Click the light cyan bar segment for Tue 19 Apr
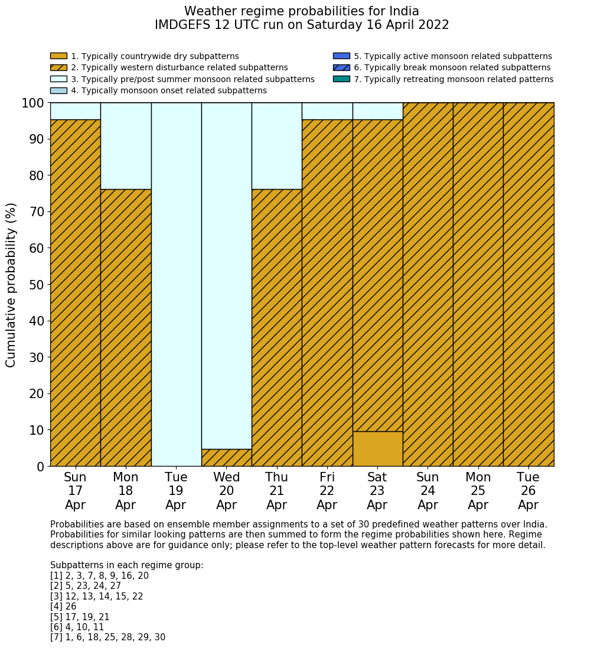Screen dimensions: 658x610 (x=176, y=284)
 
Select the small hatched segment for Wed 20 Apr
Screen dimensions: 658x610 (x=227, y=458)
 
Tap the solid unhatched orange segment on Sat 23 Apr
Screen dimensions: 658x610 (x=377, y=449)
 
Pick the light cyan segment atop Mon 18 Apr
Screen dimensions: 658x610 (x=126, y=145)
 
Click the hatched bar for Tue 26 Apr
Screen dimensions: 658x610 (x=529, y=284)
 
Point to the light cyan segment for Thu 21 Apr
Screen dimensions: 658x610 (x=277, y=145)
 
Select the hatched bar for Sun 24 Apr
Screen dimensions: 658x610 (x=428, y=284)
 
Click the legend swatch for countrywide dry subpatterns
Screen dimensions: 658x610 (x=58, y=56)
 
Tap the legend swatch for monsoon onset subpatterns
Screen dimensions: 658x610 (x=58, y=90)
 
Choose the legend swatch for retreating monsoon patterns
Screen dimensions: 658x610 (x=341, y=79)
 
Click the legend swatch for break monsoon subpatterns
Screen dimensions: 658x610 (x=341, y=67)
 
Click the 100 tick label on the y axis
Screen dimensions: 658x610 (x=33, y=103)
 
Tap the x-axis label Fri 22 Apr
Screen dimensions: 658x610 (x=327, y=491)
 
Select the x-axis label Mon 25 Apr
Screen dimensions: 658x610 (x=478, y=491)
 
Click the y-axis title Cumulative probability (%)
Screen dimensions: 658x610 (x=11, y=285)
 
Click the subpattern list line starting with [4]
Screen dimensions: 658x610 (x=63, y=607)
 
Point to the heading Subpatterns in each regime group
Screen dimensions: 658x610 (x=127, y=565)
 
